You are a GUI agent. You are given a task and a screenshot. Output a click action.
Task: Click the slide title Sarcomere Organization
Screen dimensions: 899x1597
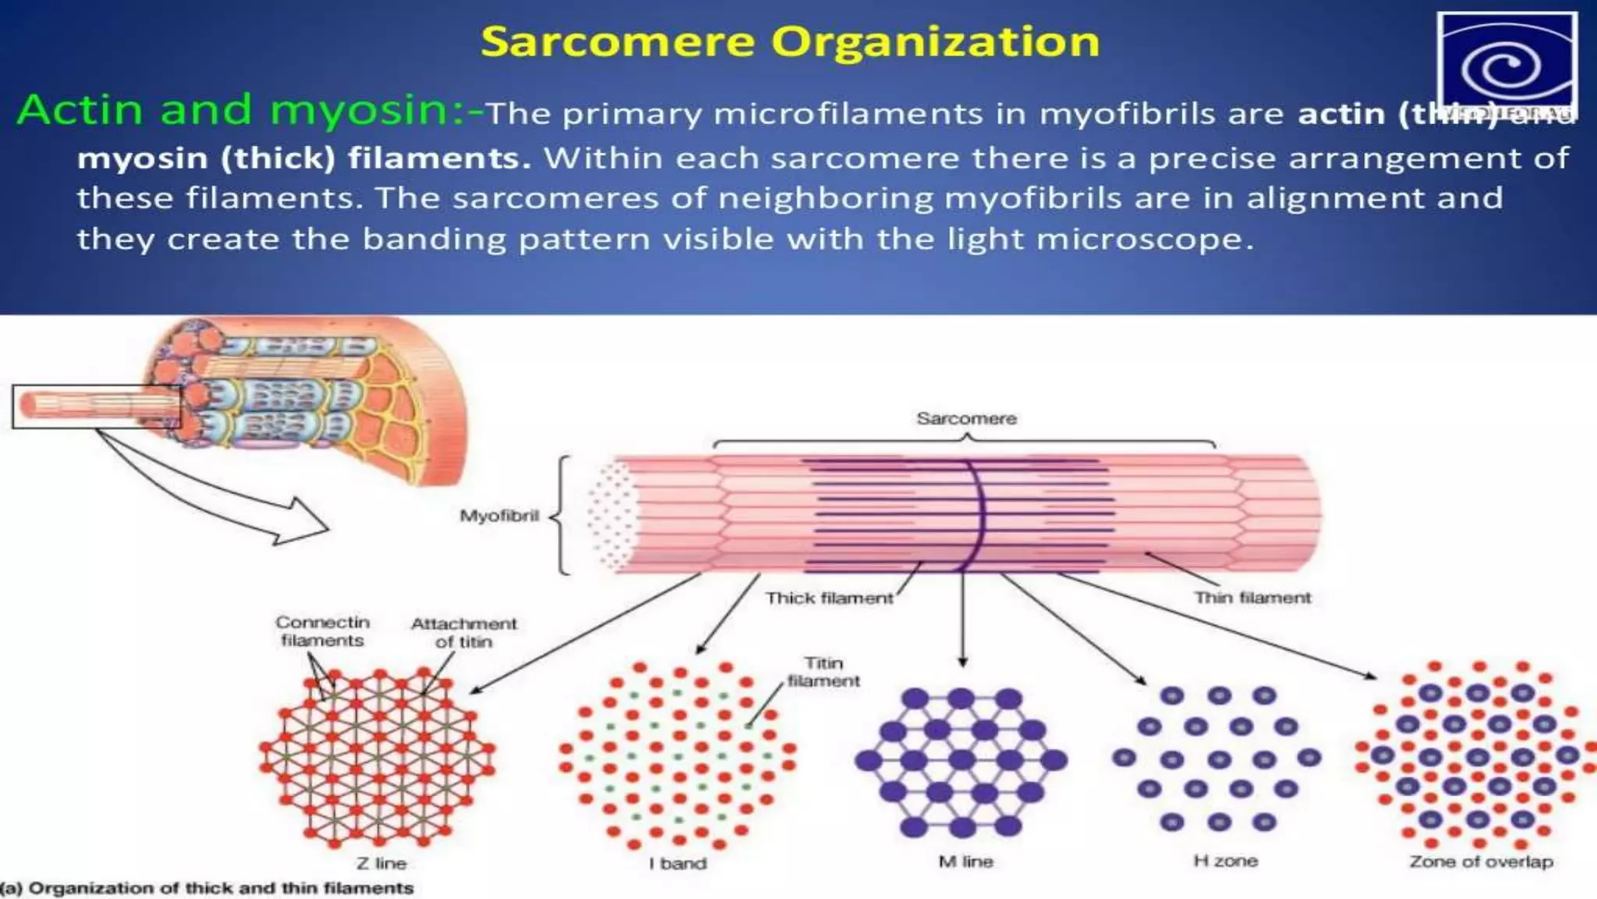click(x=789, y=41)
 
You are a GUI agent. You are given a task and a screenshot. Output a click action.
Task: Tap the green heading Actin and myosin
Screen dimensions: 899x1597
click(x=242, y=109)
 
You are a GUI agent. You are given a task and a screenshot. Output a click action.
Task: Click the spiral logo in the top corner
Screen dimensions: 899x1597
click(x=1506, y=66)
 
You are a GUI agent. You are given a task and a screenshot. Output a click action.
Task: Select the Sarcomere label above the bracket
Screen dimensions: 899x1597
click(x=966, y=419)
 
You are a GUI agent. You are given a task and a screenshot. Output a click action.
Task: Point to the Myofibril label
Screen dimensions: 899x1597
click(x=499, y=516)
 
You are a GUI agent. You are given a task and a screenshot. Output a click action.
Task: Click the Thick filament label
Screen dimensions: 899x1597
click(x=829, y=599)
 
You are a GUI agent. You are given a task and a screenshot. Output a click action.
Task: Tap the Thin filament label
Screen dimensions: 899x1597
click(x=1252, y=598)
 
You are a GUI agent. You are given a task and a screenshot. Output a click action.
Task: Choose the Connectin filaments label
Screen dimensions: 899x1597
click(x=322, y=631)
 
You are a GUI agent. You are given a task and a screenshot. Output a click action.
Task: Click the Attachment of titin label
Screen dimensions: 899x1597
click(x=464, y=633)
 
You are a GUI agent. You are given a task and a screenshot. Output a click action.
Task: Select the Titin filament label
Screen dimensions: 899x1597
click(x=823, y=672)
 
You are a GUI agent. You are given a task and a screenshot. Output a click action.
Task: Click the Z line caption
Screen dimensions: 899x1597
click(x=381, y=863)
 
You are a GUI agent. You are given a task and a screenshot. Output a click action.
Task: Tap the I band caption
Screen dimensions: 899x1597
click(x=678, y=863)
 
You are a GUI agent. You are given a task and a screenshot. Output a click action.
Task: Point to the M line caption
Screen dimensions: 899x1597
click(x=965, y=862)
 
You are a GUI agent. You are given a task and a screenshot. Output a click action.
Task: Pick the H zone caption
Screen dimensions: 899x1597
click(x=1225, y=861)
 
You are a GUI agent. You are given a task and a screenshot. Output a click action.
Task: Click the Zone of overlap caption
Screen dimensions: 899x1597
click(x=1481, y=862)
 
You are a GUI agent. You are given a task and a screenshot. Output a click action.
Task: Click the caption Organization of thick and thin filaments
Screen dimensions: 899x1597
click(x=207, y=888)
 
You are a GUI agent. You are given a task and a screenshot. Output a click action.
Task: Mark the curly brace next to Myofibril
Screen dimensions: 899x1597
click(x=560, y=515)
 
